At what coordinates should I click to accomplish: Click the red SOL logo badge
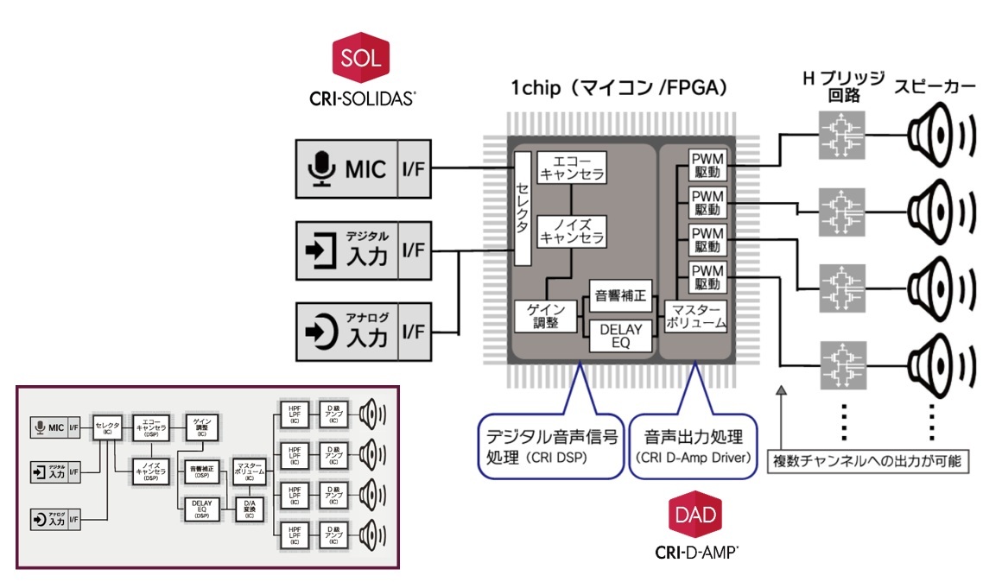362,58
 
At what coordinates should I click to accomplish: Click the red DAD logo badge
697,516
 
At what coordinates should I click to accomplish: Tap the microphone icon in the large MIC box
321,168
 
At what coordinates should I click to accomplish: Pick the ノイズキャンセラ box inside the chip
571,231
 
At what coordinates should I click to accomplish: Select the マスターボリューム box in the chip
696,317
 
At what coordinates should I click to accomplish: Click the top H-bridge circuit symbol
842,135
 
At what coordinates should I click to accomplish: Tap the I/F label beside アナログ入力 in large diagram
413,331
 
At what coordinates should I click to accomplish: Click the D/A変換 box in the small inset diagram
249,509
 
